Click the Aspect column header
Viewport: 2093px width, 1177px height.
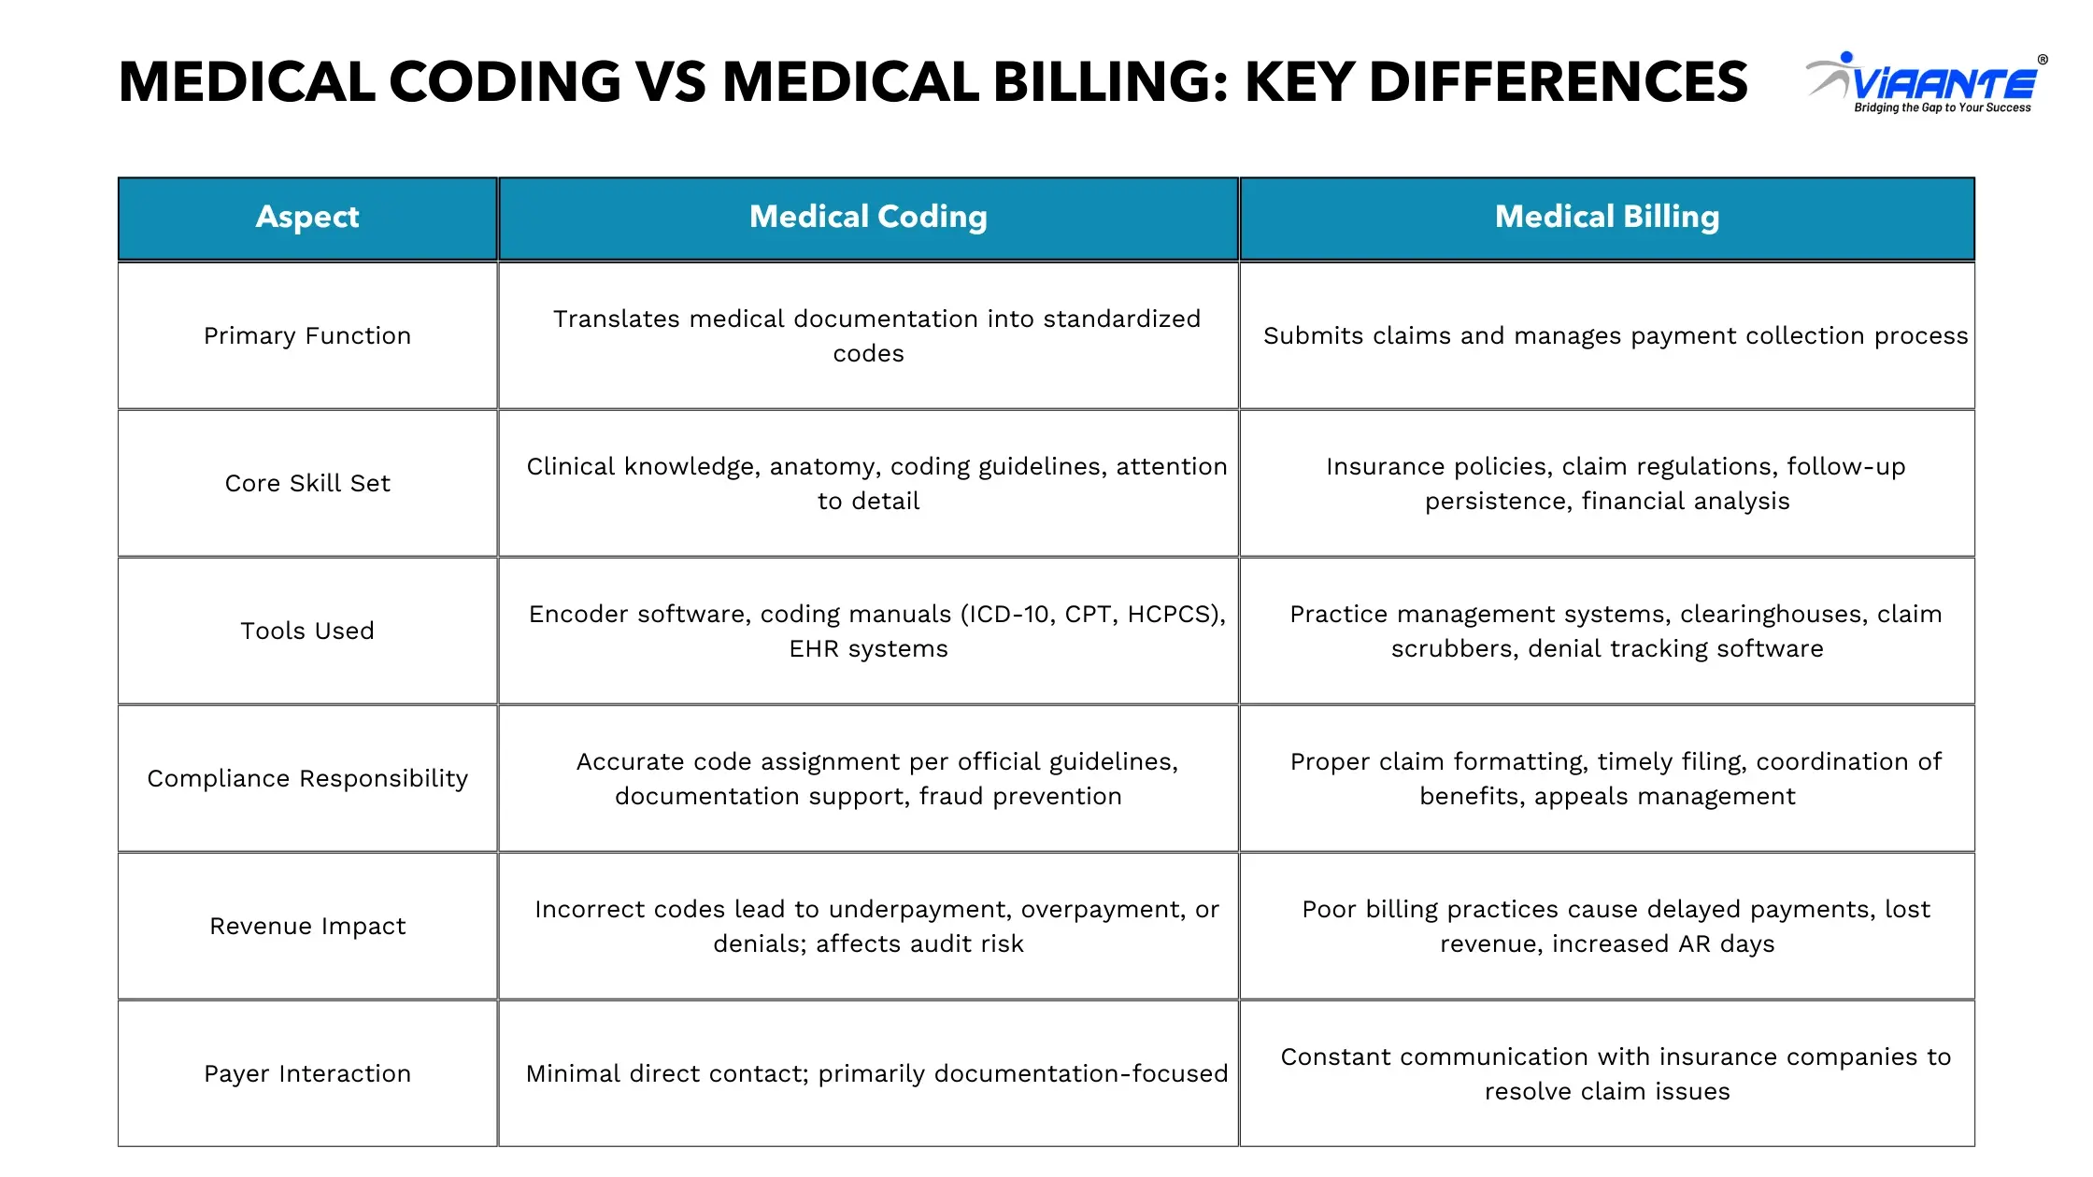tap(307, 217)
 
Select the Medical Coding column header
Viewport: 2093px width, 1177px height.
tap(868, 217)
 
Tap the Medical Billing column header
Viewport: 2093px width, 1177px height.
tap(1607, 217)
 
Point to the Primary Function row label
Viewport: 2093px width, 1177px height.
tap(307, 335)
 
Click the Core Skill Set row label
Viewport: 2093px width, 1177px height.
tap(307, 483)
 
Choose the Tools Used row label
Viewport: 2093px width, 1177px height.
tap(307, 631)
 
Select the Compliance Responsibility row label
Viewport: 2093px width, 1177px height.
tap(307, 778)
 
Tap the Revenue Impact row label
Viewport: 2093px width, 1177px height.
tap(307, 926)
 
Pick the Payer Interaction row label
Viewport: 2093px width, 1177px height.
tap(307, 1073)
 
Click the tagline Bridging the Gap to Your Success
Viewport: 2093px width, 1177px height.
tap(1942, 108)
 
